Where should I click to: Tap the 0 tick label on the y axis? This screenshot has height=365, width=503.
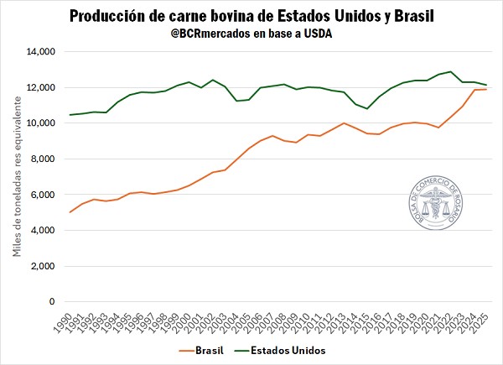pyautogui.click(x=51, y=302)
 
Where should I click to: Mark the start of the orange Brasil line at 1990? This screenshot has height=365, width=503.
pyautogui.click(x=70, y=212)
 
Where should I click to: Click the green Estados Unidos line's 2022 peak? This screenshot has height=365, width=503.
pyautogui.click(x=451, y=72)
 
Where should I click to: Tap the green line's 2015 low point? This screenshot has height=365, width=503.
pyautogui.click(x=367, y=108)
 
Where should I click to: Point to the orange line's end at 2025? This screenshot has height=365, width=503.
pyautogui.click(x=486, y=89)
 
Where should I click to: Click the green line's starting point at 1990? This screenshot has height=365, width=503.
pyautogui.click(x=70, y=115)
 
